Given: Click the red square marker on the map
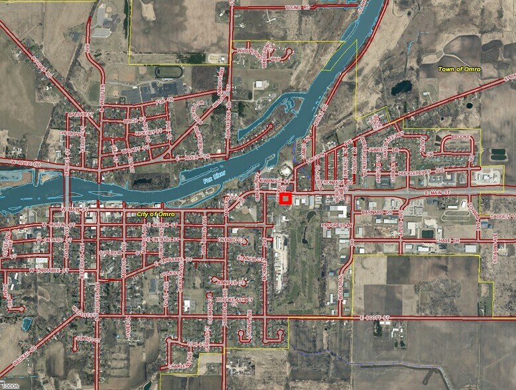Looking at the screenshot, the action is click(285, 198).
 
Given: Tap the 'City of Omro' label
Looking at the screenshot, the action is click(156, 214).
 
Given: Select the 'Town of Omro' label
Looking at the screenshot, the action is click(459, 69).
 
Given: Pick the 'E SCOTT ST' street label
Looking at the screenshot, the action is click(374, 318).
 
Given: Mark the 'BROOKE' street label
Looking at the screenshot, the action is click(460, 137).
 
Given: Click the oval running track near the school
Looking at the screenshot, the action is click(168, 71).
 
